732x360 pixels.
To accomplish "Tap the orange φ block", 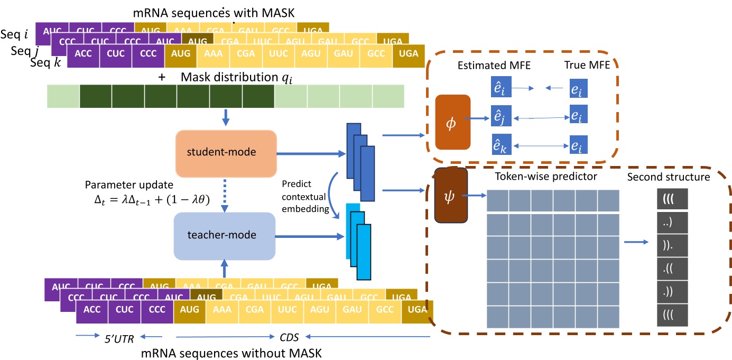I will click(452, 122).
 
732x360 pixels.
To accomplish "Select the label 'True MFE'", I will click(585, 66).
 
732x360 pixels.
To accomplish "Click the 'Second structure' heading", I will click(668, 177).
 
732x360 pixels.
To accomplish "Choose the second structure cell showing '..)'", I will click(671, 224).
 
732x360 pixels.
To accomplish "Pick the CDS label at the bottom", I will click(290, 336).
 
